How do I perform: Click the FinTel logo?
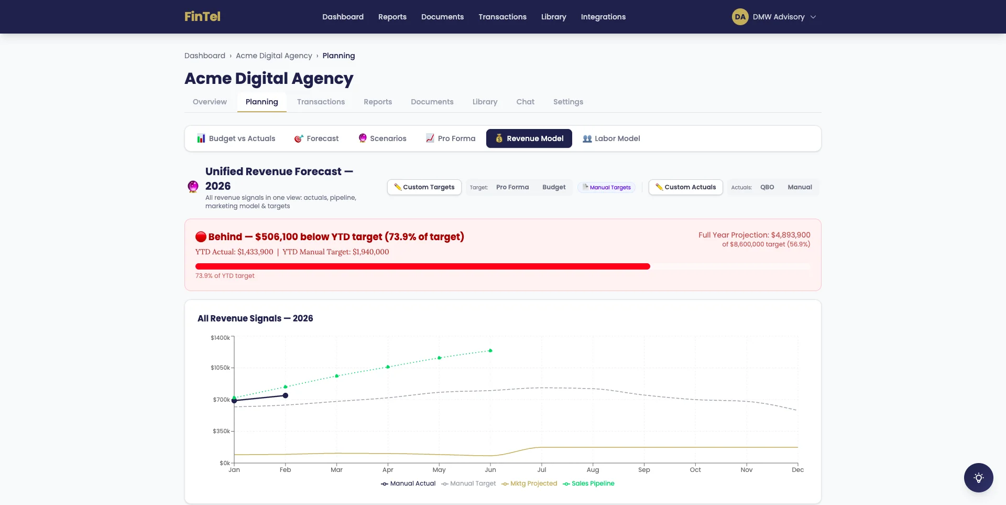(202, 17)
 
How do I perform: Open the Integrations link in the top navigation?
(603, 17)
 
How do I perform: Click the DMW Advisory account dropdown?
(774, 17)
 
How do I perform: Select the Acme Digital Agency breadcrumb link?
(274, 56)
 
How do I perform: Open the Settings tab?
(568, 102)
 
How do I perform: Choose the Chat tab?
(525, 102)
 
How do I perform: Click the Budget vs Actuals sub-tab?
(236, 138)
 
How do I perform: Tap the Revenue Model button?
(529, 138)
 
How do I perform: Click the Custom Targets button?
(424, 187)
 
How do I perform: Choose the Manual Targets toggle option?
(607, 187)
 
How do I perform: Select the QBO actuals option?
(767, 187)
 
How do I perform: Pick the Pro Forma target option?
(512, 187)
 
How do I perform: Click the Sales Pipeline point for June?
(490, 351)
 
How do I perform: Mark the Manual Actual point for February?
(286, 395)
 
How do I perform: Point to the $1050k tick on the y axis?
(220, 368)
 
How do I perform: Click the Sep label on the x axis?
(644, 470)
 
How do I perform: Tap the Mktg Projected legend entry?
(529, 483)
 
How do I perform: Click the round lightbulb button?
(978, 478)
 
